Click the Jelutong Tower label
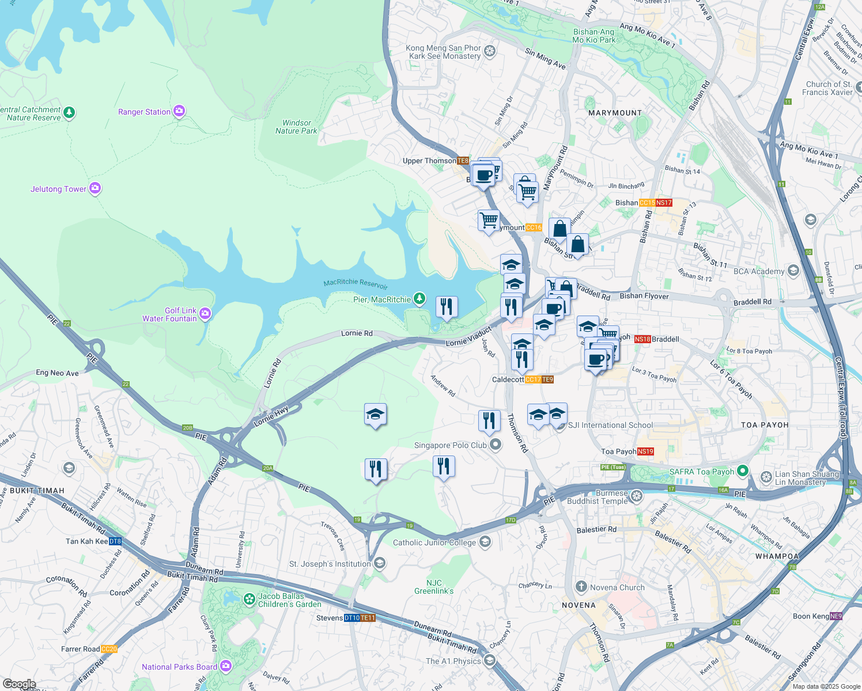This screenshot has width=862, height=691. pos(58,189)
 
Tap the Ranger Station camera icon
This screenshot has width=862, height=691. pos(179,111)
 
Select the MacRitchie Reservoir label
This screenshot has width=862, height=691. pos(356,283)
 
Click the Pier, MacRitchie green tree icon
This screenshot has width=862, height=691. pos(420,299)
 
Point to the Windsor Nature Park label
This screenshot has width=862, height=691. pos(296,127)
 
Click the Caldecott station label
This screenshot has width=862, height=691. pos(508,379)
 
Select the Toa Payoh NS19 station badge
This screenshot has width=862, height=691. pos(646,451)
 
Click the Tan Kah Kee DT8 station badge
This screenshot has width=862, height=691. pos(115,541)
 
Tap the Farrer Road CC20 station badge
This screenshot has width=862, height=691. pos(109,649)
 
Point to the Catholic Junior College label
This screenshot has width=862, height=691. pos(434,542)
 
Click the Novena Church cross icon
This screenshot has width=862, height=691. pos(581,587)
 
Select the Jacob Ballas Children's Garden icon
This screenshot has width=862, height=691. pos(249,599)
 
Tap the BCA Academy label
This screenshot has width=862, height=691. pos(758,271)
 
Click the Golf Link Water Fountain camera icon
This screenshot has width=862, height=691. pos(205,314)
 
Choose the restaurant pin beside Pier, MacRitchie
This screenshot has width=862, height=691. pos(447,307)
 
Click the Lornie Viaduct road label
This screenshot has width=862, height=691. pos(468,337)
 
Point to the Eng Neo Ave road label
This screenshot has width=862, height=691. pos(57,373)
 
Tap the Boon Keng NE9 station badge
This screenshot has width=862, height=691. pos(836,616)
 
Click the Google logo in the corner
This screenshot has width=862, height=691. pos(19,684)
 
